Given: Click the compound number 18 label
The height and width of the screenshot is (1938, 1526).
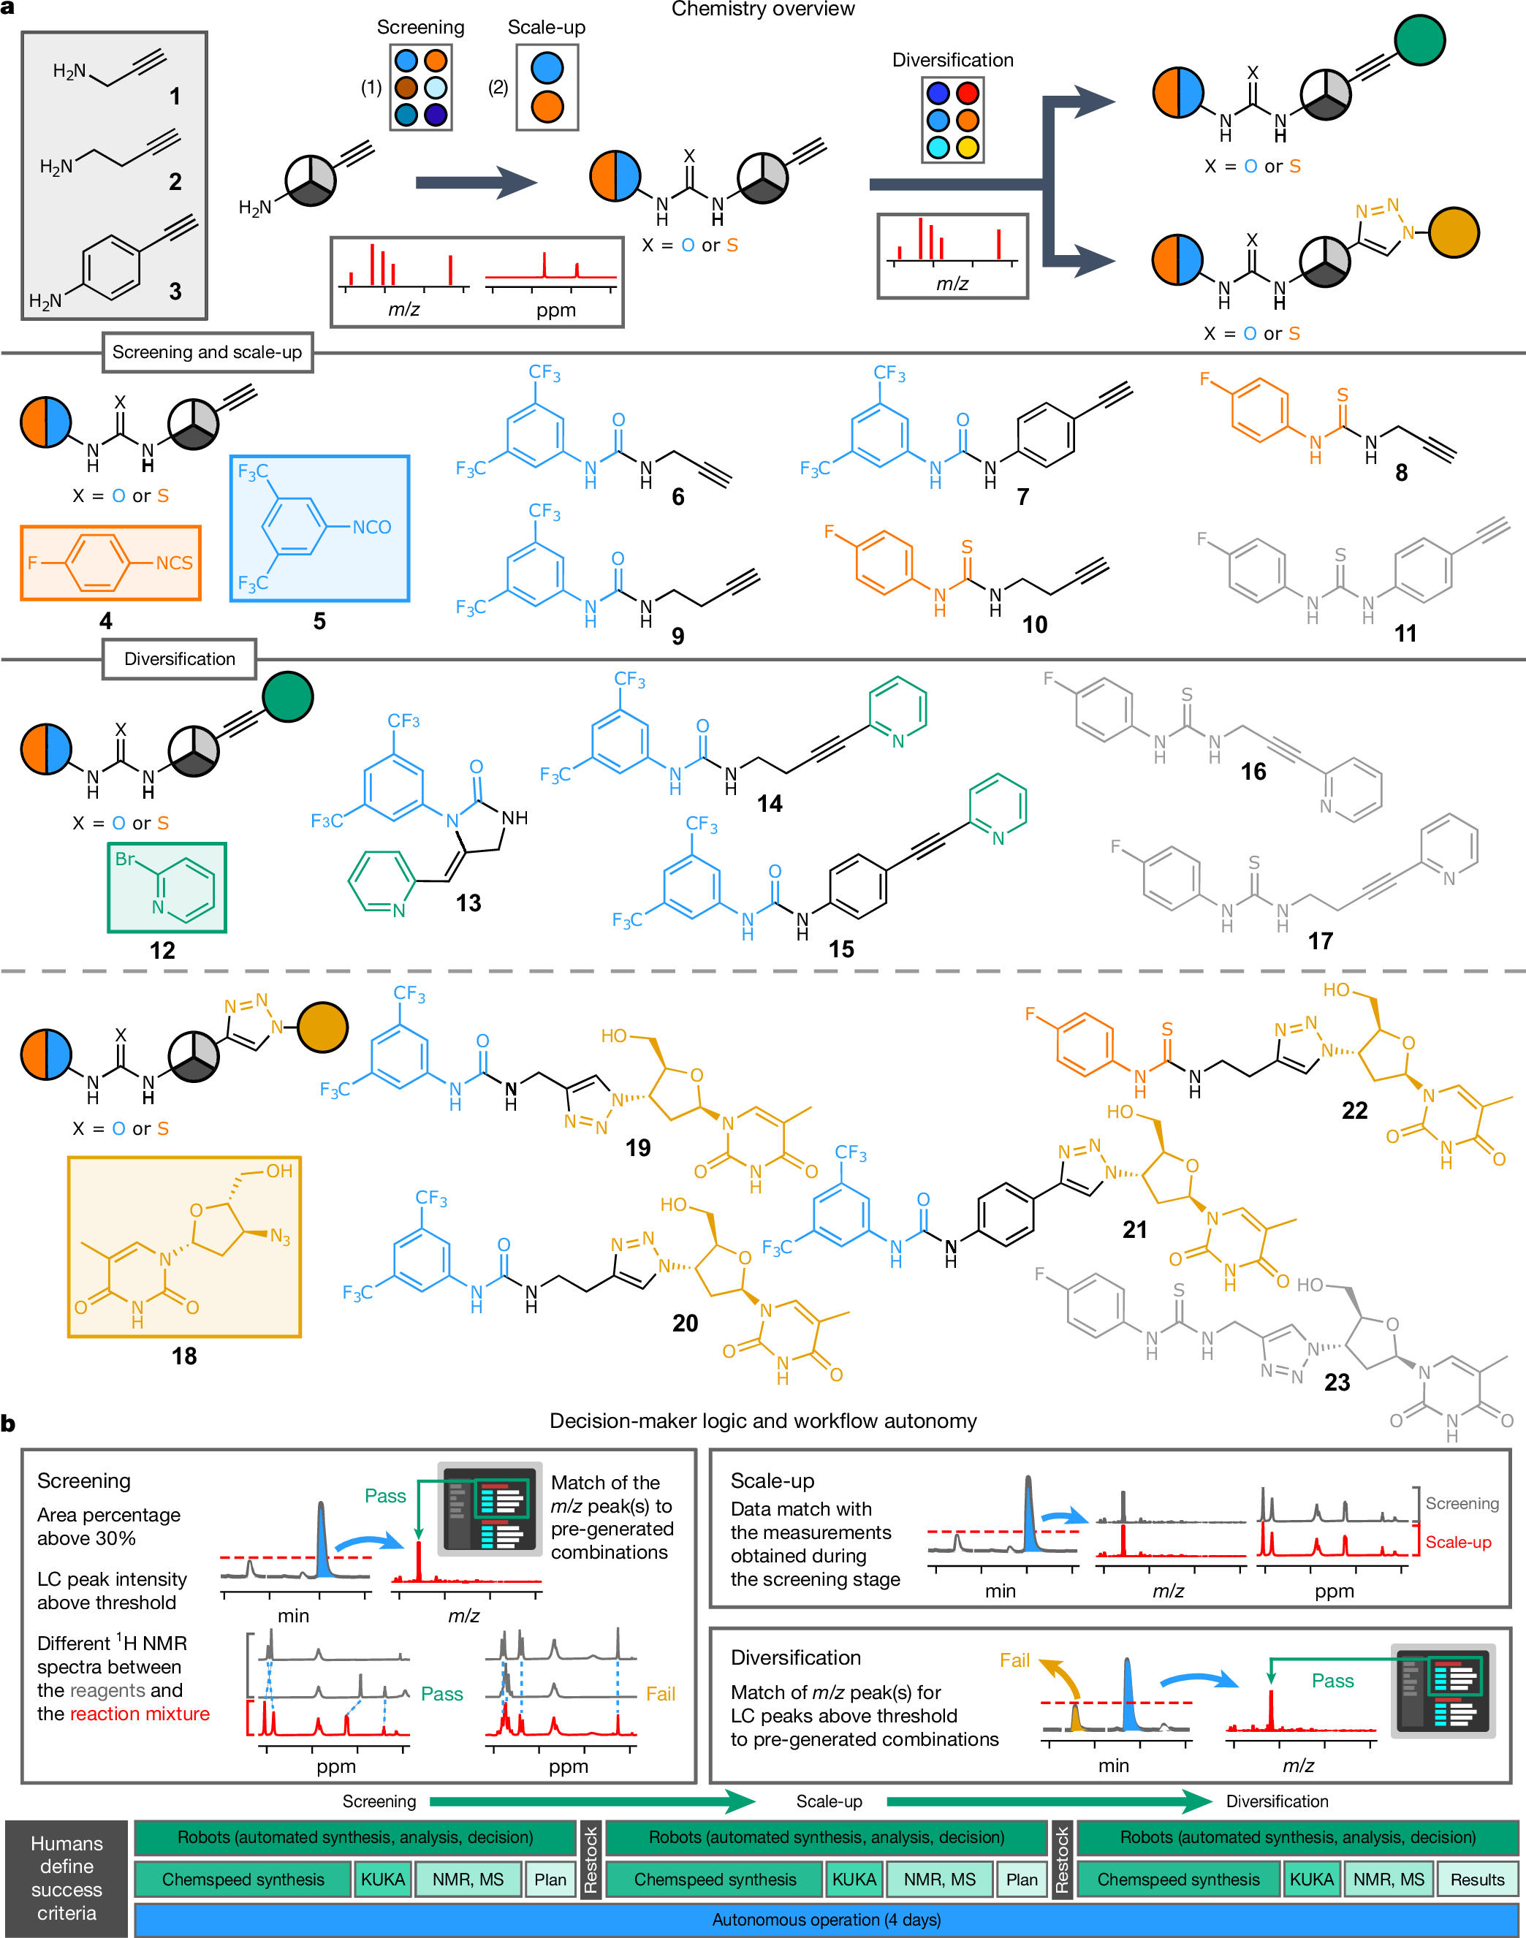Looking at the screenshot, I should [x=184, y=1356].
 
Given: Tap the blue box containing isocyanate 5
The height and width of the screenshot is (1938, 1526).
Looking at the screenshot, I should [x=320, y=528].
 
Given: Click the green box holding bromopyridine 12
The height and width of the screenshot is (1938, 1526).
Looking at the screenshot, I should [x=167, y=887].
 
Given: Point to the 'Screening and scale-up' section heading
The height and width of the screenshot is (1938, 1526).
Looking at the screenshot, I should [x=208, y=352].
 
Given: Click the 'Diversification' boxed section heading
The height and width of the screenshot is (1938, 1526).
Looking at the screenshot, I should [x=180, y=659].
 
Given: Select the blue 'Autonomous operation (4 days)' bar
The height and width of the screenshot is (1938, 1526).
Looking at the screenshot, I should [x=826, y=1919].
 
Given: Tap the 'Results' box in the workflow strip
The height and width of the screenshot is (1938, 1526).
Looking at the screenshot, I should [x=1477, y=1879].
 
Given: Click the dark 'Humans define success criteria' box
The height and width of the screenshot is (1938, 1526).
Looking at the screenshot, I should [x=66, y=1877].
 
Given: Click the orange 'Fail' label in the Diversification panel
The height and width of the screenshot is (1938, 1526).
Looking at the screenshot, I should [x=1014, y=1660].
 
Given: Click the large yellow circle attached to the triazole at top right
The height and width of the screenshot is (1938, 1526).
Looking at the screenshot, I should [x=1454, y=232].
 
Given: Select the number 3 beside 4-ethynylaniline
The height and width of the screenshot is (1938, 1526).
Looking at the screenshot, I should [x=175, y=292].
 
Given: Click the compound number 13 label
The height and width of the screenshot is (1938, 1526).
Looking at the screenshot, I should [x=468, y=903].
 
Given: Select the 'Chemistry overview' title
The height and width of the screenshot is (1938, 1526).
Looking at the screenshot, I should [x=763, y=9].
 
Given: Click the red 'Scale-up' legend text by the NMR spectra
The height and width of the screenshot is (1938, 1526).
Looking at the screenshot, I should [x=1458, y=1542].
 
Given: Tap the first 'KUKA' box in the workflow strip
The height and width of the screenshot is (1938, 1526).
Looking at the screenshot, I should [x=382, y=1879].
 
